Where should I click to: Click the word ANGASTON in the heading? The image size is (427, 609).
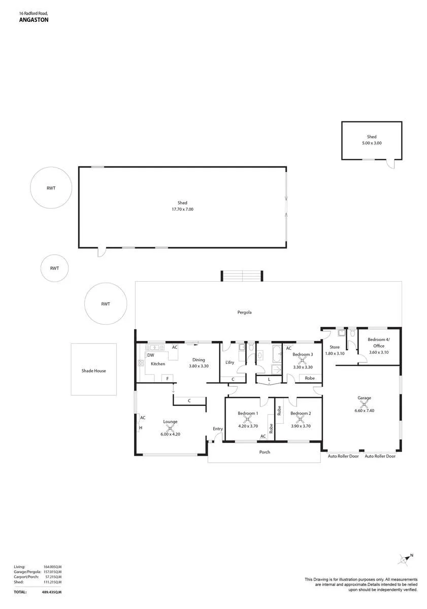(34, 20)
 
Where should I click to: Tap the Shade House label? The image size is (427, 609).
(93, 370)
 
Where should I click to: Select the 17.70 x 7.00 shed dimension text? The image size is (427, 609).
(182, 209)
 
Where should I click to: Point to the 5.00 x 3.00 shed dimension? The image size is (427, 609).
(372, 143)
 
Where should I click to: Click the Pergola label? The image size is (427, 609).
(244, 313)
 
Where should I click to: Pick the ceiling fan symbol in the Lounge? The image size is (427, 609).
(170, 428)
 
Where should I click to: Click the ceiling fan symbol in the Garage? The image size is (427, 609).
(364, 404)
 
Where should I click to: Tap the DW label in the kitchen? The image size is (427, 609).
(150, 355)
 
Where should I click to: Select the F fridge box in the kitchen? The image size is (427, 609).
(167, 378)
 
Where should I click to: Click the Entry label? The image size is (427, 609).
(218, 429)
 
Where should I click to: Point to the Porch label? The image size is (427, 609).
(265, 452)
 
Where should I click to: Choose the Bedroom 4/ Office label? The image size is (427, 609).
(379, 343)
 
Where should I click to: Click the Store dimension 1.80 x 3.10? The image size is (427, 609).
(335, 353)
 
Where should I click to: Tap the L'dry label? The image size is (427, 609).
(229, 362)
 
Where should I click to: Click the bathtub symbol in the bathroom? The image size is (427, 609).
(277, 354)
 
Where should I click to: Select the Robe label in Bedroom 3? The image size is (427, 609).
(310, 378)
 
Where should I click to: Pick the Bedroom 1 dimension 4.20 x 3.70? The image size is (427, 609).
(248, 426)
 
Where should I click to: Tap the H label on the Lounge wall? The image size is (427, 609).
(141, 428)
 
